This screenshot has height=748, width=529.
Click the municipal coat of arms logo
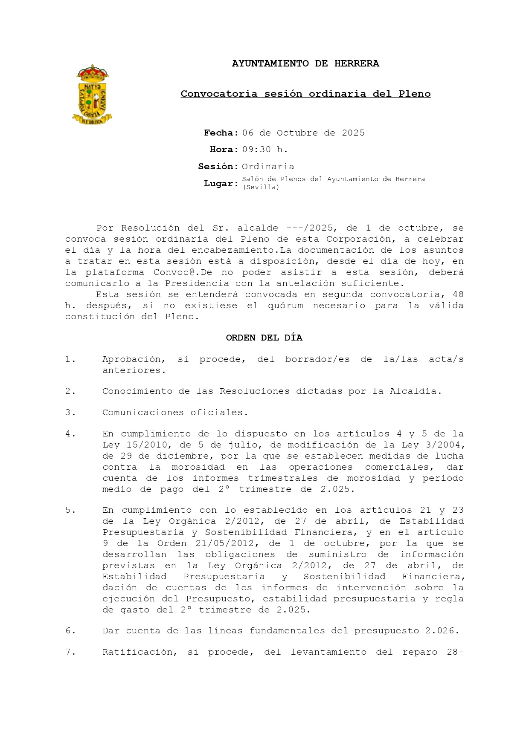point(92,95)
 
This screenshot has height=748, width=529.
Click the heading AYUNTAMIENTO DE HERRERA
point(305,64)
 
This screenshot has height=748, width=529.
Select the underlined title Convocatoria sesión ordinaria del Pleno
point(305,94)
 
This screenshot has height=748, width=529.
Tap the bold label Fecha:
point(221,133)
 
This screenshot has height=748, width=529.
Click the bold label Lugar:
point(221,184)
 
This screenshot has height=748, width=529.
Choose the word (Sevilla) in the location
point(260,187)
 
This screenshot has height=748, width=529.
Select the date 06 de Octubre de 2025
point(303,133)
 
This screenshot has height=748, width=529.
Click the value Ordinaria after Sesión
point(268,167)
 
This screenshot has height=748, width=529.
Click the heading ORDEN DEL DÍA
point(264,338)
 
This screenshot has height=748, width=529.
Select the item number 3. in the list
point(70,413)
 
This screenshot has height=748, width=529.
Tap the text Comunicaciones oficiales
point(175,413)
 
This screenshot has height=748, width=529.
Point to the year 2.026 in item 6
point(442,631)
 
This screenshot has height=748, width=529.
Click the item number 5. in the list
point(70,510)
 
